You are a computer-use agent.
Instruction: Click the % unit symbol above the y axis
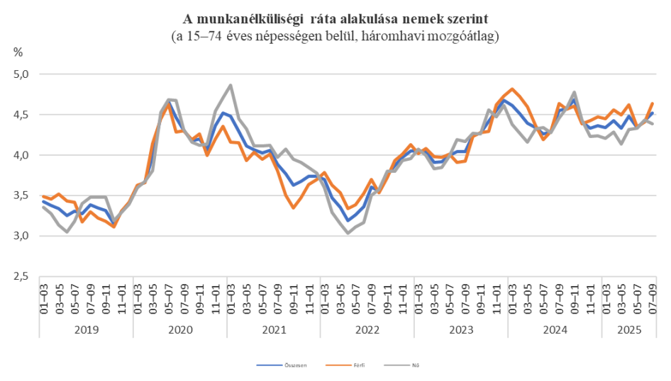[18, 52]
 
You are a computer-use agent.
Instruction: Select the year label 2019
[87, 330]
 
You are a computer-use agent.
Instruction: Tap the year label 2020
[180, 330]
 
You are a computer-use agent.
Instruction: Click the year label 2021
[274, 330]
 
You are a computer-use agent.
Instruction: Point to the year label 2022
[367, 330]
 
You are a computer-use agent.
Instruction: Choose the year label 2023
[461, 330]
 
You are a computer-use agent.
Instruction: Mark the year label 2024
[555, 330]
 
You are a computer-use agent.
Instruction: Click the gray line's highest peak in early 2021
[231, 85]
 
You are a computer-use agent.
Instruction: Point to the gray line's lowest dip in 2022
[348, 232]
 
